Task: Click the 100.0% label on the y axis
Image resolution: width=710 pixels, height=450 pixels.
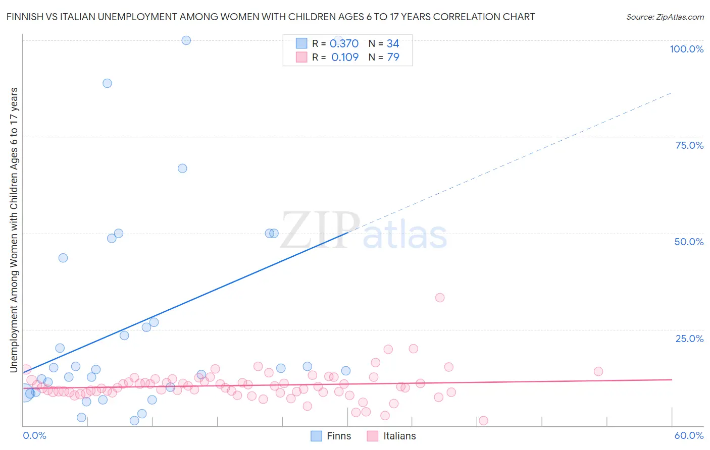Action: pyautogui.click(x=686, y=49)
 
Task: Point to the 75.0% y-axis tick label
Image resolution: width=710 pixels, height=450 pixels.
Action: pyautogui.click(x=689, y=145)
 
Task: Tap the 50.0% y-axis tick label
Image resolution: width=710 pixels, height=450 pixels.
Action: pyautogui.click(x=689, y=242)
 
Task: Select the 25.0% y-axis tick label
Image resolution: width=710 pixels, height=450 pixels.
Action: pyautogui.click(x=689, y=339)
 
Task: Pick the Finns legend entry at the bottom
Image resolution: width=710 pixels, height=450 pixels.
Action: pyautogui.click(x=331, y=436)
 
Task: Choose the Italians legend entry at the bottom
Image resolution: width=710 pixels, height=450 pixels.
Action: pyautogui.click(x=391, y=436)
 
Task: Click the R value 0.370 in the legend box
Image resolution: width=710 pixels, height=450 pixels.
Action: pyautogui.click(x=344, y=44)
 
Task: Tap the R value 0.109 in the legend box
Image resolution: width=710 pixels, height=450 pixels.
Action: pyautogui.click(x=345, y=58)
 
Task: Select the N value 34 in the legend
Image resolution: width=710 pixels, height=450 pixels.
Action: pyautogui.click(x=393, y=44)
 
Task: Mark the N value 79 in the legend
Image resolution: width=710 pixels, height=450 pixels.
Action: pyautogui.click(x=393, y=58)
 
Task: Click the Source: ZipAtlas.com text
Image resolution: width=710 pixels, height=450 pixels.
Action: pyautogui.click(x=665, y=17)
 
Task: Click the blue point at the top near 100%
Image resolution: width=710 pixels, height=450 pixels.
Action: pyautogui.click(x=186, y=40)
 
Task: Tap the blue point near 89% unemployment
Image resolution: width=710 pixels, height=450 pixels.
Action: pyautogui.click(x=107, y=83)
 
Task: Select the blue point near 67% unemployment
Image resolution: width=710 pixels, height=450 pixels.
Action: pyautogui.click(x=182, y=168)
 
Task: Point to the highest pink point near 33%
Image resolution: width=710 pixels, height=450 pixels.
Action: pyautogui.click(x=440, y=298)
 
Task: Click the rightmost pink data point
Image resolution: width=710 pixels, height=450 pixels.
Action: pyautogui.click(x=598, y=371)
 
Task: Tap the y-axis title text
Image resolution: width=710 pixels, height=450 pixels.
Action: pyautogui.click(x=14, y=230)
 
